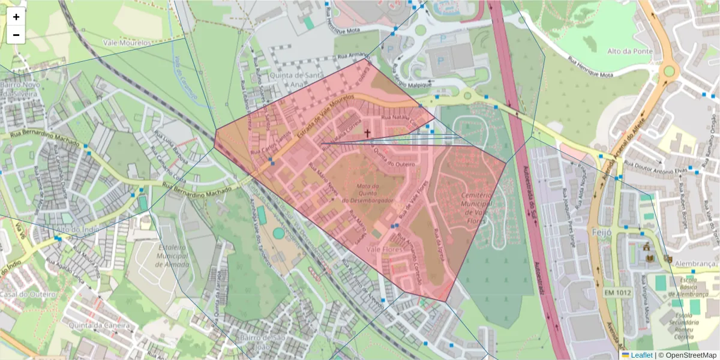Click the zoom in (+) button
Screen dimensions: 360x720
(x=16, y=17)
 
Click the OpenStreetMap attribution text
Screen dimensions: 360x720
(x=687, y=355)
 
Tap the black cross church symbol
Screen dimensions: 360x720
(x=367, y=133)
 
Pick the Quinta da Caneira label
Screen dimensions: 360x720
(x=100, y=325)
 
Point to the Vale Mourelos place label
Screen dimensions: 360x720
(x=127, y=43)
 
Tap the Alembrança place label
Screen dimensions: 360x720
(x=696, y=263)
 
